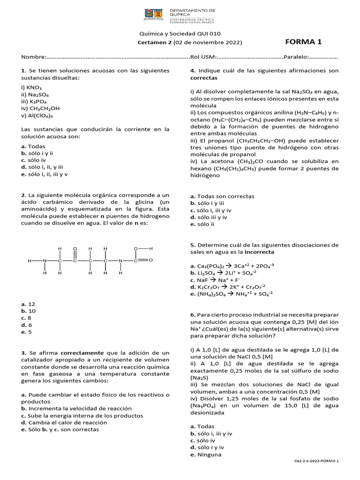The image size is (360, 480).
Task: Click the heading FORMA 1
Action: pyautogui.click(x=303, y=42)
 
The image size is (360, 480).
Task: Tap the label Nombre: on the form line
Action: pyautogui.click(x=34, y=57)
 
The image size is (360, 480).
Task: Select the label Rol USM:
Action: pyautogui.click(x=202, y=57)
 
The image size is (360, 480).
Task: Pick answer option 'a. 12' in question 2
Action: pyautogui.click(x=28, y=304)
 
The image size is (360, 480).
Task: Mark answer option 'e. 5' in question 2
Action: pyautogui.click(x=26, y=332)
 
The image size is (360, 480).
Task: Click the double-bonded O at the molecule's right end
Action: pyautogui.click(x=150, y=260)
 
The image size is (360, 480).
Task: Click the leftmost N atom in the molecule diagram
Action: pyautogui.click(x=45, y=260)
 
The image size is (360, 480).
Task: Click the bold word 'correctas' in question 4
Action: pyautogui.click(x=204, y=77)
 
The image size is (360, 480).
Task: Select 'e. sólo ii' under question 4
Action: pyautogui.click(x=206, y=224)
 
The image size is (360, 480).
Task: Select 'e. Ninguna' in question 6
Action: pyautogui.click(x=206, y=454)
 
